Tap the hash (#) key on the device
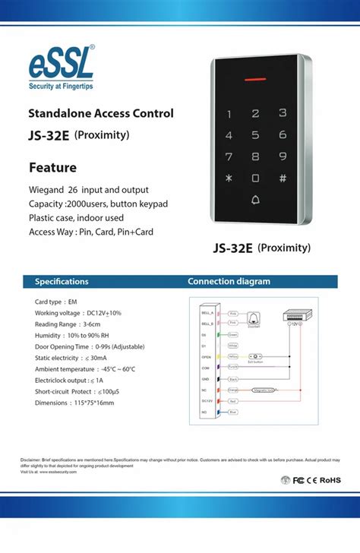[x=283, y=179]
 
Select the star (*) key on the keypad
[x=228, y=179]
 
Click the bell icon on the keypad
[x=255, y=201]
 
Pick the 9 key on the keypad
[x=283, y=156]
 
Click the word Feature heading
[x=52, y=167]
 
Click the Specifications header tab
[x=62, y=281]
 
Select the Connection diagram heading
[x=229, y=281]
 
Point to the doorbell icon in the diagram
[x=254, y=318]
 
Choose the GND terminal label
[x=206, y=378]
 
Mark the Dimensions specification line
[x=74, y=403]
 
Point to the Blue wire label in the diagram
[x=233, y=412]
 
